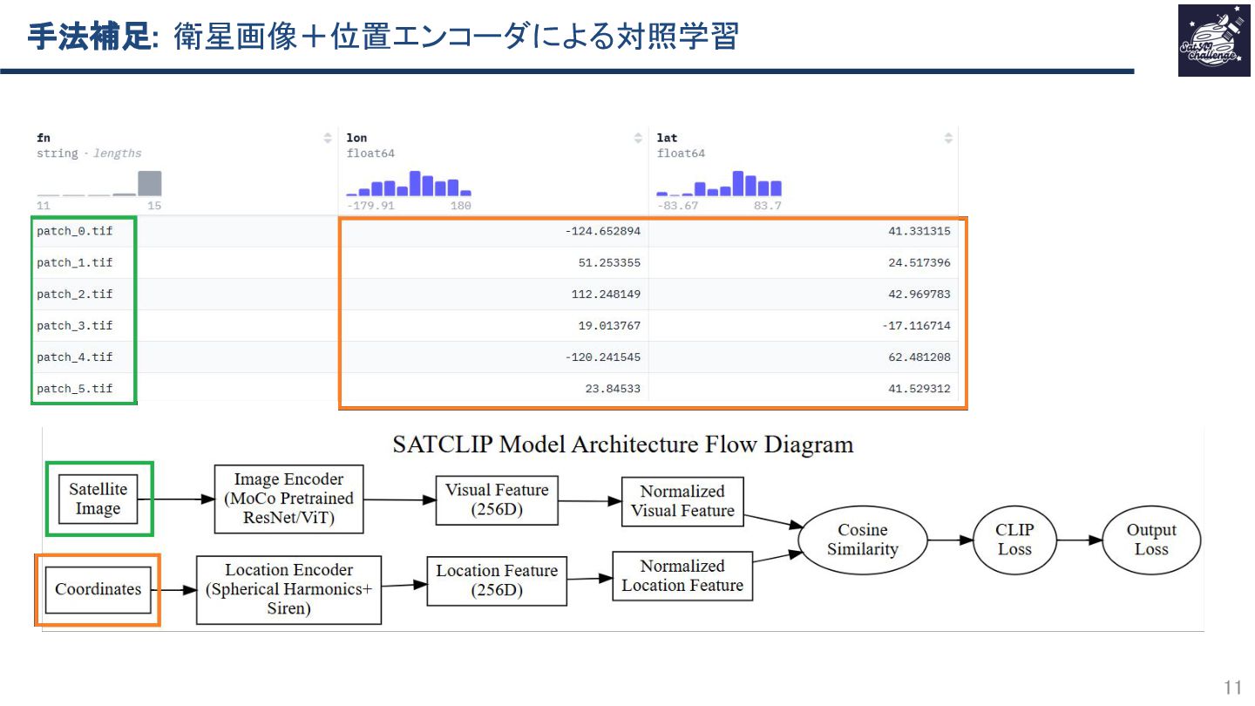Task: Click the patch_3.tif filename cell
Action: pyautogui.click(x=75, y=326)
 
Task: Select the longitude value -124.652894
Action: pyautogui.click(x=603, y=232)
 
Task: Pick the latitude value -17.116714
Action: pyautogui.click(x=919, y=326)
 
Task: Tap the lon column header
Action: pyautogui.click(x=356, y=138)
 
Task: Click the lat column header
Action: pyautogui.click(x=667, y=138)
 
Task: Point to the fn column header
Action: pyautogui.click(x=44, y=138)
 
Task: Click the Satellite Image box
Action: pyautogui.click(x=98, y=499)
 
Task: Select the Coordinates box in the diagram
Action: pyautogui.click(x=98, y=590)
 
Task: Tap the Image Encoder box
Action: pyautogui.click(x=288, y=499)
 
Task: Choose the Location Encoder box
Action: pyautogui.click(x=288, y=590)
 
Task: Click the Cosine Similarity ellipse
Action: pyautogui.click(x=862, y=540)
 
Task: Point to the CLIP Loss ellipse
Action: pyautogui.click(x=1014, y=540)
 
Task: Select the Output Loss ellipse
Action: pyautogui.click(x=1150, y=540)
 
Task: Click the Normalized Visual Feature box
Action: pyautogui.click(x=682, y=501)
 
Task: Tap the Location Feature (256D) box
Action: pyautogui.click(x=497, y=581)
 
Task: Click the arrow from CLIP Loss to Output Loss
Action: pyautogui.click(x=1079, y=540)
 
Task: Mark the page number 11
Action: pyautogui.click(x=1232, y=687)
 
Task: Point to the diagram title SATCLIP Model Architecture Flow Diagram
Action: pyautogui.click(x=622, y=445)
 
